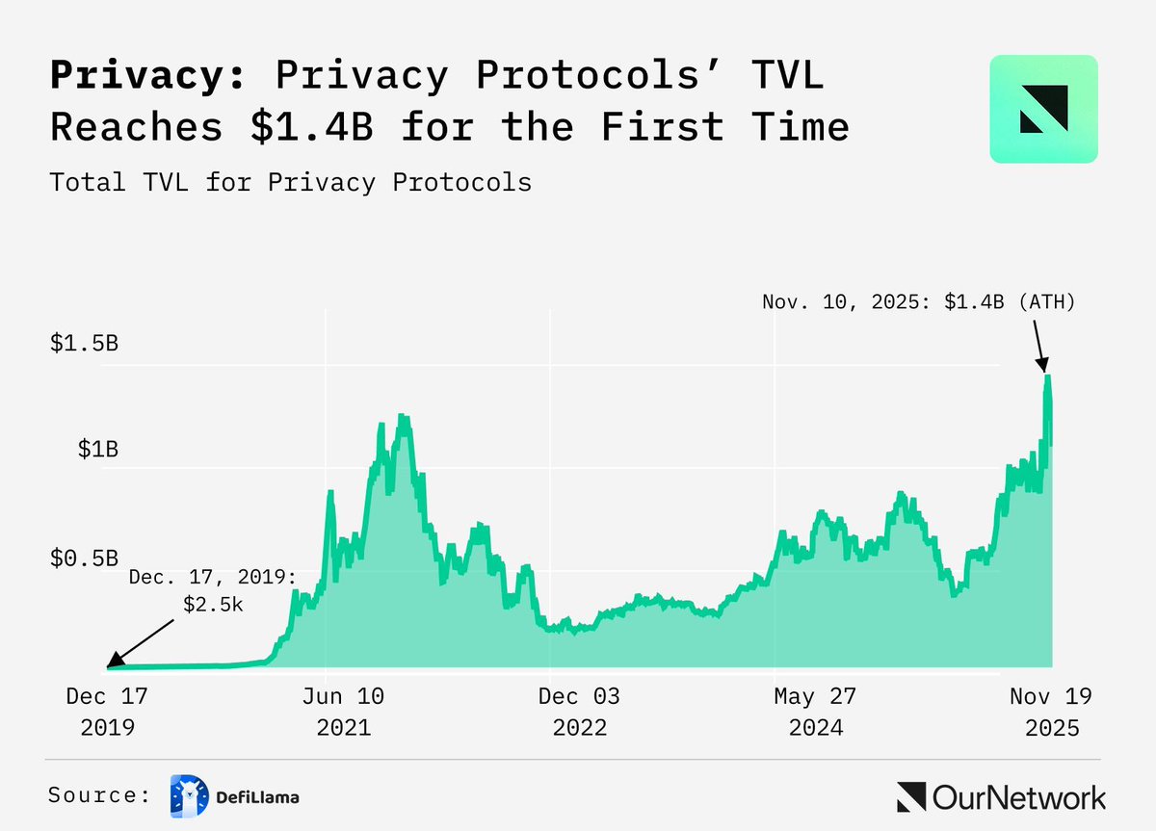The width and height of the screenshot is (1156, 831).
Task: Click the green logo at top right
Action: pos(1043,108)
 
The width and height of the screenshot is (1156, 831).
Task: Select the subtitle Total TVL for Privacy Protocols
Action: pos(290,181)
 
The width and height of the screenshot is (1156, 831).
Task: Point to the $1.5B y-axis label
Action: pos(84,344)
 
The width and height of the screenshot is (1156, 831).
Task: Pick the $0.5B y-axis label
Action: pos(84,558)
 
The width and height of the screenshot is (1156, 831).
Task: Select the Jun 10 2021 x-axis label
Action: pos(343,711)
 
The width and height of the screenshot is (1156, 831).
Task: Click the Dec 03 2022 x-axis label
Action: pos(579,711)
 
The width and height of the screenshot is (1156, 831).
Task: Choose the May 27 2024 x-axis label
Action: pos(815,711)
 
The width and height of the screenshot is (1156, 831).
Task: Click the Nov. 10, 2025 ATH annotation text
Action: pos(918,301)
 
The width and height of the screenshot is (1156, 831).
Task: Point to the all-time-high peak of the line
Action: pos(1046,376)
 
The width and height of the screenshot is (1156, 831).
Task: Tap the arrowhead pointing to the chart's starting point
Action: pos(111,662)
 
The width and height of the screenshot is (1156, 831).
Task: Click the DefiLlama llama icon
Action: pos(188,795)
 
